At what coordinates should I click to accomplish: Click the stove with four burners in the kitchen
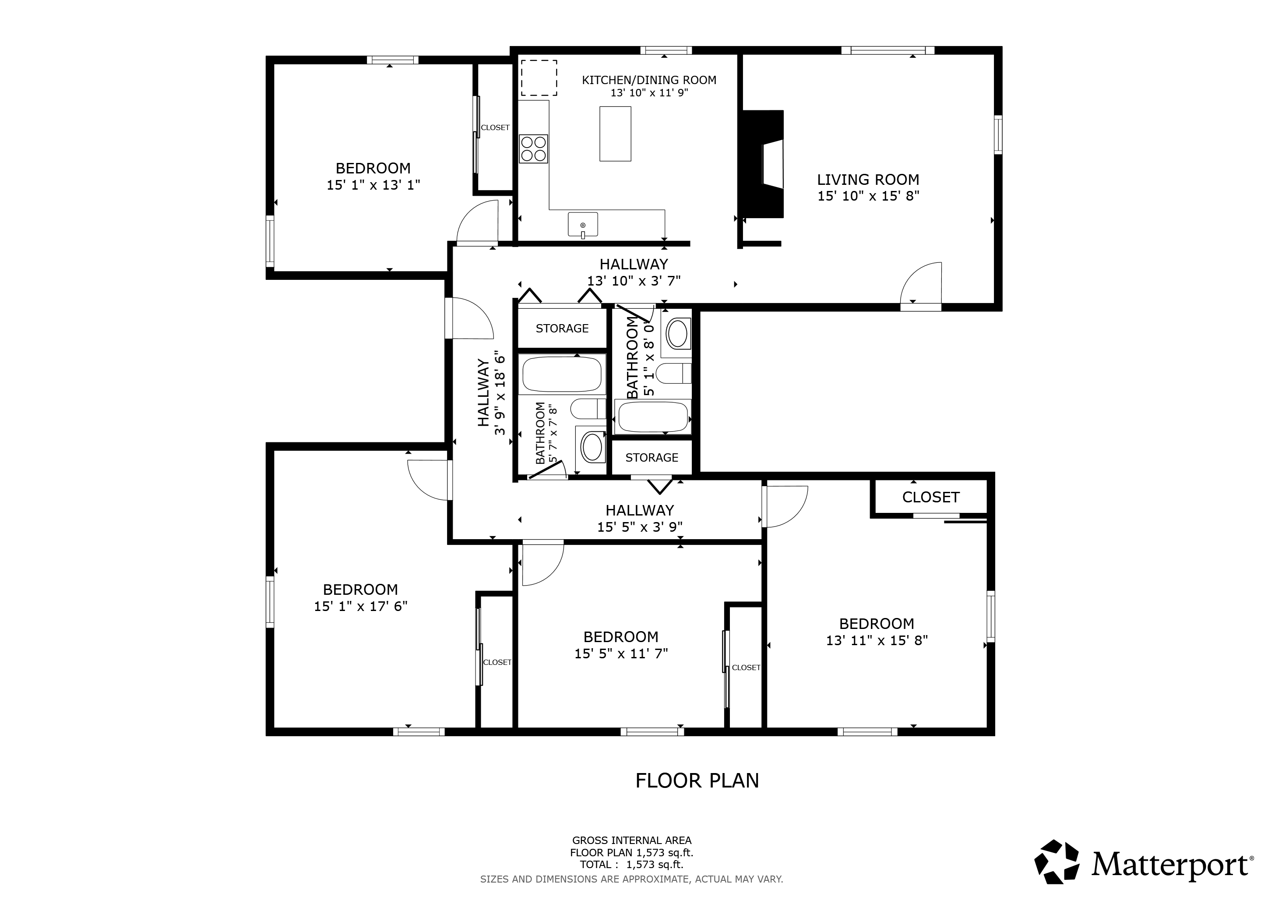[533, 148]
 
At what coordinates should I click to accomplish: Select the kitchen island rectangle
[615, 134]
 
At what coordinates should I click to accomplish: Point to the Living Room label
[868, 180]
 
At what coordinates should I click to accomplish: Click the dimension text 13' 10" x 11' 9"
[649, 93]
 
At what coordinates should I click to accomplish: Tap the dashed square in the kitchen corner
[539, 78]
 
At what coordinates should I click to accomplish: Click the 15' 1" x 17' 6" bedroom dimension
[361, 606]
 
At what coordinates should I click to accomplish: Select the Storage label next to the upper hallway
[562, 328]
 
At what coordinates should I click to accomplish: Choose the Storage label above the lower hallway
[652, 458]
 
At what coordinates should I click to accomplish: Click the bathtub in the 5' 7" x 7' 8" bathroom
[562, 374]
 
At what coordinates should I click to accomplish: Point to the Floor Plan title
[697, 780]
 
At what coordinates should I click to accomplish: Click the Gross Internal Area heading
[632, 840]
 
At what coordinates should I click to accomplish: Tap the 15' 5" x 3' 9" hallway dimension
[640, 527]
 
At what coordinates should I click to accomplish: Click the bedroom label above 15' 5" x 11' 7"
[621, 637]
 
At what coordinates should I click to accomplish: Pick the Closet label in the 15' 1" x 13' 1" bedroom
[495, 127]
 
